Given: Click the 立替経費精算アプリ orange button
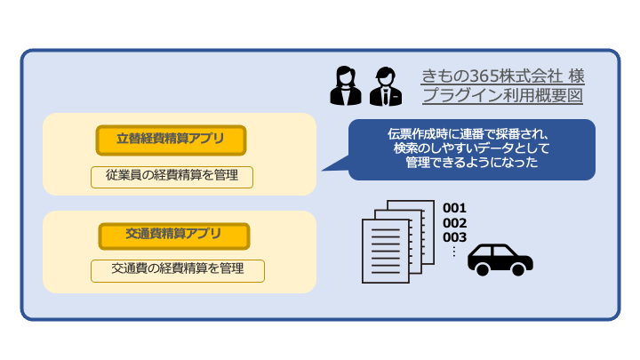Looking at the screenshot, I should click(171, 140).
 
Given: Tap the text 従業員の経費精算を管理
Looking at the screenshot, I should click(172, 175).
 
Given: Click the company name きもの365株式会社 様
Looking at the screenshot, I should click(502, 76).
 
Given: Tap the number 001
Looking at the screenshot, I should click(455, 208).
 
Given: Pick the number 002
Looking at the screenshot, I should click(455, 222).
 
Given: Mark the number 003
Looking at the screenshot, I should click(455, 236).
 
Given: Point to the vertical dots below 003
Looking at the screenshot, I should click(453, 251).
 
